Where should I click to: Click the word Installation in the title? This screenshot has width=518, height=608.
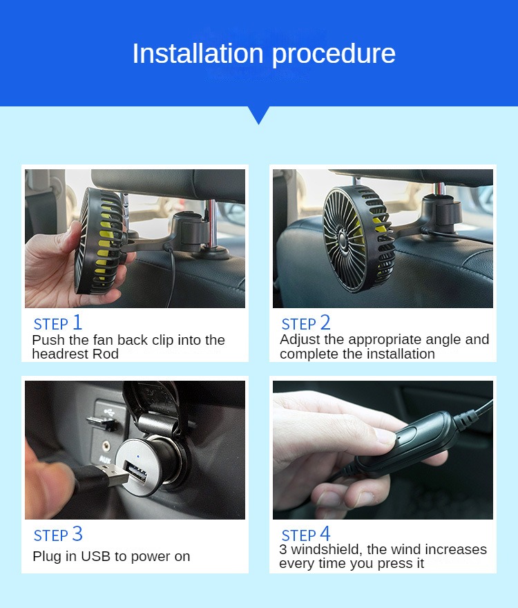coord(198,53)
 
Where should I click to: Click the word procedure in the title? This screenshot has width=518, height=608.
coord(334,55)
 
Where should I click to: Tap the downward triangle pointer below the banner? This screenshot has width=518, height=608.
coord(258,115)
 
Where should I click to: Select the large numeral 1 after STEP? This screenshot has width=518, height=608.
coord(77,322)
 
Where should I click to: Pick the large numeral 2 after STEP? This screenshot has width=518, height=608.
coord(325,322)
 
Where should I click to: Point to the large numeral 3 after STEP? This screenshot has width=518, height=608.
coord(77,534)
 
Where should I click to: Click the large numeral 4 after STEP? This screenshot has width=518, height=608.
coord(325,533)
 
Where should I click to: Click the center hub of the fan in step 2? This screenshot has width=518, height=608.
coord(343,236)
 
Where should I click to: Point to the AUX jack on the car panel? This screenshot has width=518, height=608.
coord(105,446)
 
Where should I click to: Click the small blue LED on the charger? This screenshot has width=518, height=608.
coord(138,456)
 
